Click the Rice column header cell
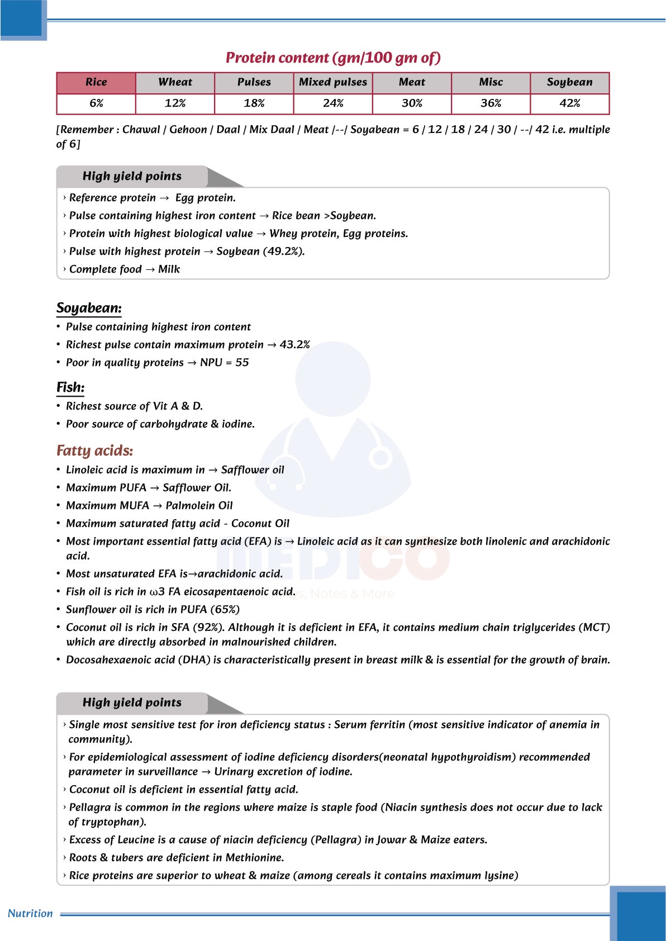(x=96, y=82)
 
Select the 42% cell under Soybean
(x=569, y=103)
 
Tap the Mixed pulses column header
(x=333, y=82)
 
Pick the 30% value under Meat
(x=412, y=103)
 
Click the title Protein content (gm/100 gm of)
(x=333, y=58)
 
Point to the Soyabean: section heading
(x=89, y=308)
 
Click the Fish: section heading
(x=70, y=387)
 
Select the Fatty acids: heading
(x=94, y=451)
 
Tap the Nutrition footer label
(x=30, y=914)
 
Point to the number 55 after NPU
(x=242, y=363)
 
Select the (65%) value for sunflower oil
(x=225, y=610)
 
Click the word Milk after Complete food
(x=169, y=269)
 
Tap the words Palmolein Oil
(x=199, y=506)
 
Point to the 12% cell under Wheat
(x=175, y=103)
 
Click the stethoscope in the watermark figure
(x=380, y=455)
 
